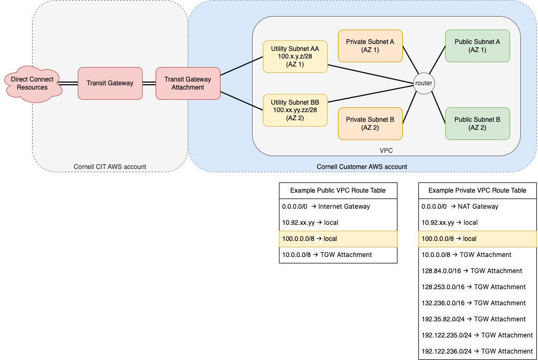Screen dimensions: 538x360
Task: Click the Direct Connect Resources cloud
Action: pos(33,83)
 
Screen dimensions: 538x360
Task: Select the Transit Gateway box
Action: pos(110,83)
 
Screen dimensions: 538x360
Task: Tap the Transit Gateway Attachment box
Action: pos(188,83)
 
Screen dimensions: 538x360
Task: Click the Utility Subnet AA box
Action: pos(295,57)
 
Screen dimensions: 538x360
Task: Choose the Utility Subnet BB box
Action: pos(295,110)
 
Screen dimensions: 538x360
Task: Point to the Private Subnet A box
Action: pos(370,46)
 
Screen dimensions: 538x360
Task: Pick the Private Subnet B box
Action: pos(370,123)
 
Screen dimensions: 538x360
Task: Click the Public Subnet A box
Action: pos(477,46)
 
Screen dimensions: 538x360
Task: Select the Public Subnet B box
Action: pos(477,123)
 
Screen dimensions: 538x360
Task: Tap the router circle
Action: pos(424,83)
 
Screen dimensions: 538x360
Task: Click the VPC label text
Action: pos(386,151)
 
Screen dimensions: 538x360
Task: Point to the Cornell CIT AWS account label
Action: pos(110,167)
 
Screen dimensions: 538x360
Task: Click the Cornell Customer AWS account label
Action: pos(362,167)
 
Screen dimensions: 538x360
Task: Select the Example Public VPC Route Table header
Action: pos(338,190)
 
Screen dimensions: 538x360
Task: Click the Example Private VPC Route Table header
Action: pos(477,190)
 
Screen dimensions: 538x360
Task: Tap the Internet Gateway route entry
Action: pos(326,207)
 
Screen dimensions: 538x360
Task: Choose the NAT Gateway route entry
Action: pos(460,207)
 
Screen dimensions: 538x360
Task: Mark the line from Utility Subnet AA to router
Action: pos(371,74)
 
